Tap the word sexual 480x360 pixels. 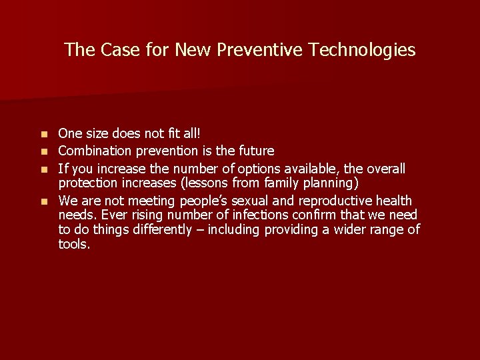tap(254, 201)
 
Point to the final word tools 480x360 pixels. tap(74, 244)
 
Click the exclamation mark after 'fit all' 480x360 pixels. tap(189, 134)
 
